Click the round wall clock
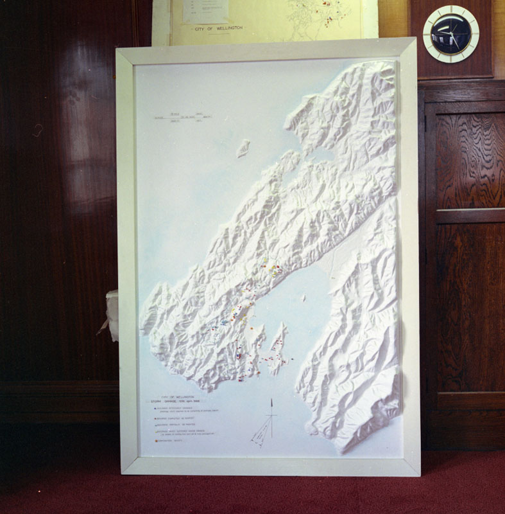click(450, 34)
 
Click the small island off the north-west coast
click(243, 148)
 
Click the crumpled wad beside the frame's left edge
click(111, 315)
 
